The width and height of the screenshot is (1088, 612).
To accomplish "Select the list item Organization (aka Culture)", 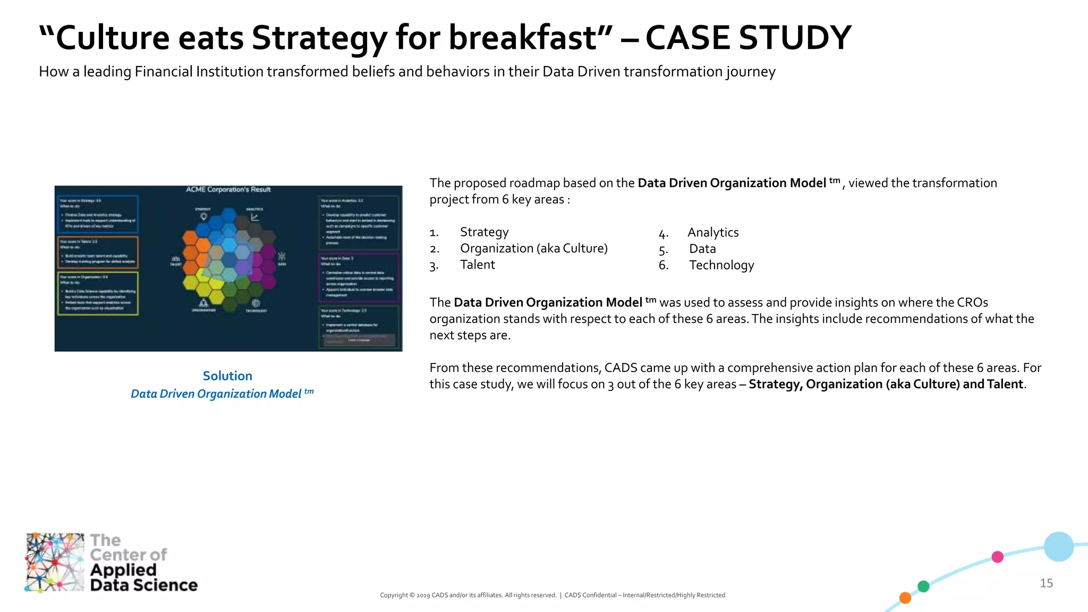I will [533, 248].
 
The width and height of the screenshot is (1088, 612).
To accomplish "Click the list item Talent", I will [477, 265].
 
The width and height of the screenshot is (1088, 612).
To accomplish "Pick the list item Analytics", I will [712, 232].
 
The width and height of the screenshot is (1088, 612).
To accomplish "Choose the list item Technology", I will [721, 265].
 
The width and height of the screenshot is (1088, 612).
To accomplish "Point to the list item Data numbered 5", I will [702, 249].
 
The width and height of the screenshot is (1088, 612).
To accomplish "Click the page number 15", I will [1046, 583].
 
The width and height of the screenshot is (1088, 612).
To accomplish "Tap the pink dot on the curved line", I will [997, 557].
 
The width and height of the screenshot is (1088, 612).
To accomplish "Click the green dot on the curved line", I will [923, 586].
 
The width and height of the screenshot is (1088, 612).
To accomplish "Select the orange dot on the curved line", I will [905, 598].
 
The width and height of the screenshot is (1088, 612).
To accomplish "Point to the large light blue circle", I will [1058, 547].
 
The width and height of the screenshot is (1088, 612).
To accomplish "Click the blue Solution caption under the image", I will [227, 376].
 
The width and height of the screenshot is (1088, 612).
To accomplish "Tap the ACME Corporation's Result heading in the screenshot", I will [228, 190].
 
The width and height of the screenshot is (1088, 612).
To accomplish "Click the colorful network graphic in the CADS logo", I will [55, 562].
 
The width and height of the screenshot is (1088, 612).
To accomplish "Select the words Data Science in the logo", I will [143, 585].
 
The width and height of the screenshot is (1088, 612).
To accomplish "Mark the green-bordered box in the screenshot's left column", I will [98, 293].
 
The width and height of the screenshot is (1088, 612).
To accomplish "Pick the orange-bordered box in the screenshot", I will [98, 252].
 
